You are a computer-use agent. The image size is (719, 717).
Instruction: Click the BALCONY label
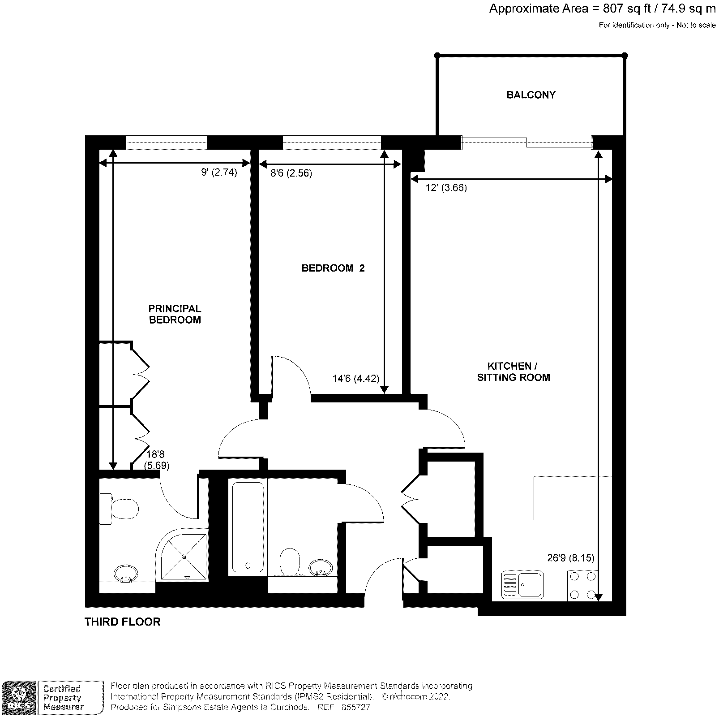click(x=531, y=95)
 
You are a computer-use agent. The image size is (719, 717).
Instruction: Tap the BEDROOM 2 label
click(x=333, y=268)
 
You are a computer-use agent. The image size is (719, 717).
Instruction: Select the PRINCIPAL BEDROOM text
click(x=175, y=314)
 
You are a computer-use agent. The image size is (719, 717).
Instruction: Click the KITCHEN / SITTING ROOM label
click(x=513, y=372)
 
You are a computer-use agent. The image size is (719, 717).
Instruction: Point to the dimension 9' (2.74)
click(x=219, y=173)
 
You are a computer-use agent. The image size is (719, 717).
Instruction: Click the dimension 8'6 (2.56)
click(x=291, y=173)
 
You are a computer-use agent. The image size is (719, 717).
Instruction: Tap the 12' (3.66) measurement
click(x=446, y=188)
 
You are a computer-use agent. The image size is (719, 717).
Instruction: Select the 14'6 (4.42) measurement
click(x=355, y=379)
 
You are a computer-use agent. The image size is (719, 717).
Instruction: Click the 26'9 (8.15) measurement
click(x=570, y=558)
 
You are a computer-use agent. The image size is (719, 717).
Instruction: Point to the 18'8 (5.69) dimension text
click(x=156, y=460)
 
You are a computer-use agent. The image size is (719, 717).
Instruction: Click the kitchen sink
click(x=522, y=585)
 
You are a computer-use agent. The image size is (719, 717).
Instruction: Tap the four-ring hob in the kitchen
click(x=582, y=585)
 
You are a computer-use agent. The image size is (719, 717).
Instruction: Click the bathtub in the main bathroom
click(x=248, y=527)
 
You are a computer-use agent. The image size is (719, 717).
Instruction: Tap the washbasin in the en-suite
click(x=126, y=573)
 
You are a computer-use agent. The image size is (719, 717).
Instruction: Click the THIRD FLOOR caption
click(x=122, y=622)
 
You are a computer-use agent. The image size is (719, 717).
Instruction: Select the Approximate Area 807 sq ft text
click(x=602, y=9)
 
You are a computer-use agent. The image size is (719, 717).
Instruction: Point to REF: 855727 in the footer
click(x=343, y=707)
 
